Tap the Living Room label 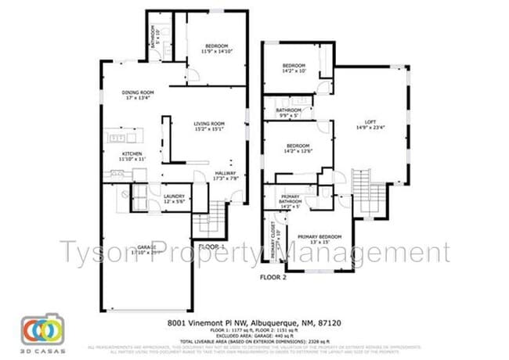coord(210,126)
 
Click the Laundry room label coord(174,199)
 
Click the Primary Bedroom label coord(319,239)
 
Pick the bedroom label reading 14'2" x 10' coord(294,67)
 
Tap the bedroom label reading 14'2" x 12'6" coord(298,149)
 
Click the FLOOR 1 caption coord(212,247)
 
